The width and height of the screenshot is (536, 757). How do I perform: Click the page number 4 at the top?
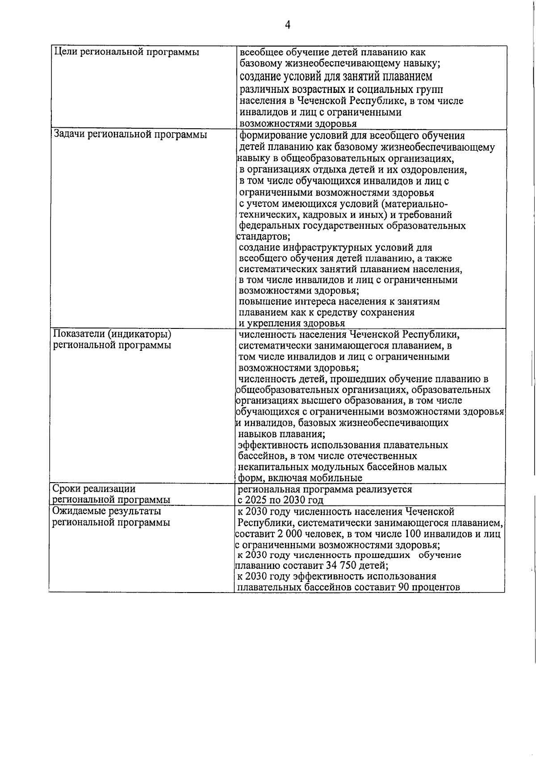(288, 25)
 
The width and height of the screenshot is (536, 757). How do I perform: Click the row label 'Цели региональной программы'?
(126, 52)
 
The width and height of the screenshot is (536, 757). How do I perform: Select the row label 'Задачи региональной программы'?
(130, 135)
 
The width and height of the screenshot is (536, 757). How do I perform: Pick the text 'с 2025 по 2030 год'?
(280, 500)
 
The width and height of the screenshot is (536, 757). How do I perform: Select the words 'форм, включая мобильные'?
(300, 478)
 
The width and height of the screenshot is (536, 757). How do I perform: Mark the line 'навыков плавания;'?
(281, 434)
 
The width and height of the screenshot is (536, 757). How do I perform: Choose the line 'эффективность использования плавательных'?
(343, 445)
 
